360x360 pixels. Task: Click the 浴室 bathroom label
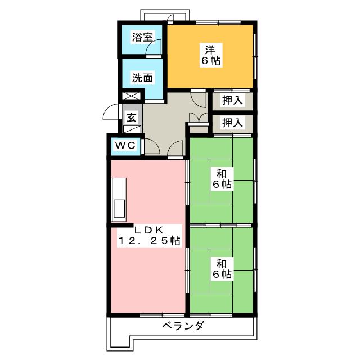coord(142,37)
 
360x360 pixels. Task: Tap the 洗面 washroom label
coord(142,78)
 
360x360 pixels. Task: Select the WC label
coord(125,145)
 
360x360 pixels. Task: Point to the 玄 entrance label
coord(132,118)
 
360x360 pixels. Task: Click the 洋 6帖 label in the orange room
coord(211,55)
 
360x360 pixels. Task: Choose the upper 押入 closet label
coord(232,100)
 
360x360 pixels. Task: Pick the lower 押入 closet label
coord(232,123)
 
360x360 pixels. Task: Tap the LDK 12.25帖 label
coord(149,236)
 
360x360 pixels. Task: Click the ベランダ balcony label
coord(183,326)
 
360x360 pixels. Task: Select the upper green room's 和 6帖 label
coord(222,179)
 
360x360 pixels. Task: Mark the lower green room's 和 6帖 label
coord(222,269)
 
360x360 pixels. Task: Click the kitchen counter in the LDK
coord(119,199)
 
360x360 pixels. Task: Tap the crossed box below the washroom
coord(131,96)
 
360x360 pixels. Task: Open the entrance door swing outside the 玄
coord(111,111)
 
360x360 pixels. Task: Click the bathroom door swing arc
coord(154,47)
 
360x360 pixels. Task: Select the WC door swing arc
coord(152,146)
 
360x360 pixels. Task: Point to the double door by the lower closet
coord(199,118)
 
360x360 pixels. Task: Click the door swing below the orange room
coord(199,99)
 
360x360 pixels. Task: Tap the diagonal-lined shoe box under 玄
coord(132,129)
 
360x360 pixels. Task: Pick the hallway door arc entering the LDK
coord(175,148)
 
